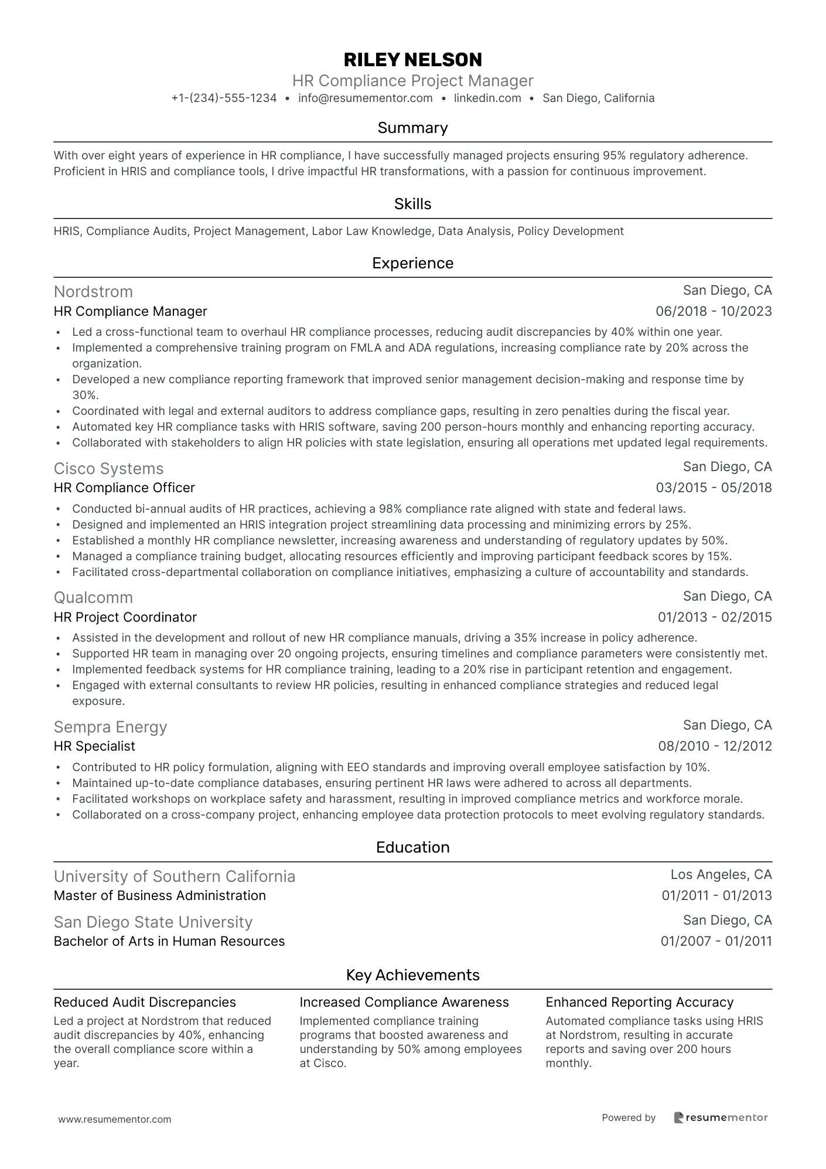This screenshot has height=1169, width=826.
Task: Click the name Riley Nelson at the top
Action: (412, 59)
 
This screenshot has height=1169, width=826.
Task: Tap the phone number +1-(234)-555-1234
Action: (224, 98)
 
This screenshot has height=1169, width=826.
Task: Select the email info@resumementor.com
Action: (365, 98)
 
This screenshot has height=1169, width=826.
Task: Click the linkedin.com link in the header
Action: (487, 98)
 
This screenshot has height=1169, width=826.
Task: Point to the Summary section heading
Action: (412, 128)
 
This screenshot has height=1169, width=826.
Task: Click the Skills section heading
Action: (412, 204)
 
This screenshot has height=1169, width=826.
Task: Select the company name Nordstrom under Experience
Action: (93, 291)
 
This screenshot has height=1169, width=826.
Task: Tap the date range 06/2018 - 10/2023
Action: (714, 312)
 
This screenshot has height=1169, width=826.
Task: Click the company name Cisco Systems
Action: (108, 468)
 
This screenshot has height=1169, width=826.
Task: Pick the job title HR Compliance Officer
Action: (124, 488)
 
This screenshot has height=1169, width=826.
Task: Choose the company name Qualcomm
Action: (93, 597)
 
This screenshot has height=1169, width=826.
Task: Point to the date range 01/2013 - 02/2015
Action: (715, 617)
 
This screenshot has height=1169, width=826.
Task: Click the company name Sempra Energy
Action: (110, 727)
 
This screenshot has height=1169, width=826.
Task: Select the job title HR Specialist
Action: (94, 746)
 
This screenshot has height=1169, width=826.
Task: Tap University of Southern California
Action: (175, 876)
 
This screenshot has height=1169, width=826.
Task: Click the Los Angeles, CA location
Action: (721, 875)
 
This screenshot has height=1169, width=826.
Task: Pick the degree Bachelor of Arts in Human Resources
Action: (169, 941)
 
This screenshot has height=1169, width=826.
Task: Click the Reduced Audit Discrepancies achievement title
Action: (145, 1002)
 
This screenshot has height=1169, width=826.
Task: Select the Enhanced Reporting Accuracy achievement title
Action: (639, 1002)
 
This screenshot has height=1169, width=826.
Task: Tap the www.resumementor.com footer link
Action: (115, 1119)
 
